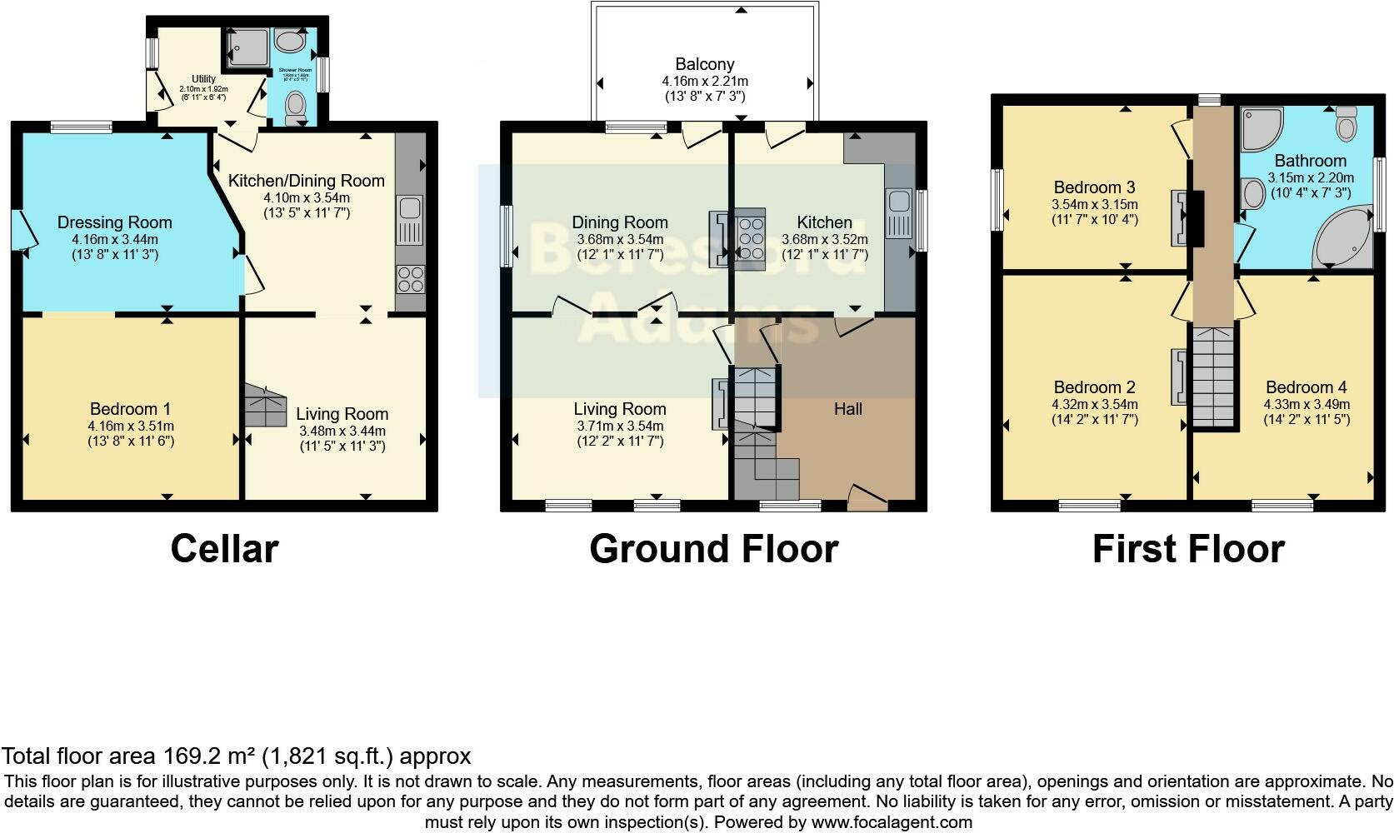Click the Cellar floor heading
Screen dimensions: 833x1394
pyautogui.click(x=224, y=549)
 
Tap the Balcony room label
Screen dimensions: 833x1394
pyautogui.click(x=704, y=64)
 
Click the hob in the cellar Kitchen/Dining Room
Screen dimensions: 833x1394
pyautogui.click(x=410, y=278)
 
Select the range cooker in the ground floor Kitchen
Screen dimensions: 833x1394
pyautogui.click(x=750, y=237)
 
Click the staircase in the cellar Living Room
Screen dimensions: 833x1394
pyautogui.click(x=264, y=408)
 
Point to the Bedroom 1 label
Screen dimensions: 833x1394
pyautogui.click(x=130, y=409)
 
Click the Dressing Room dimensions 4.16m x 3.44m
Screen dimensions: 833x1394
pyautogui.click(x=115, y=239)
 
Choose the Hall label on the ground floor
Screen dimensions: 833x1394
pyautogui.click(x=848, y=409)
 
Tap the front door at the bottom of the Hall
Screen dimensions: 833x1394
pyautogui.click(x=867, y=498)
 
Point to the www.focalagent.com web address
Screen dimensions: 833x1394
pyautogui.click(x=892, y=822)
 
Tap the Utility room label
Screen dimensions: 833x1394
pyautogui.click(x=203, y=79)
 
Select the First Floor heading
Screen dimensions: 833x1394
pyautogui.click(x=1187, y=549)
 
